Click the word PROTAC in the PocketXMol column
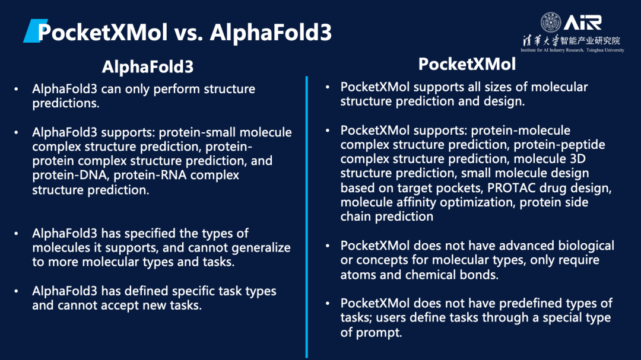(512, 187)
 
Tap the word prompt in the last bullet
(379, 333)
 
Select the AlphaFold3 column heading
(148, 66)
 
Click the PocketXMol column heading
(467, 64)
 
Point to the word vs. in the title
(189, 33)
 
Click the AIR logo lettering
(583, 23)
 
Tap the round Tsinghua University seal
(551, 22)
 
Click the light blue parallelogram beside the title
(35, 31)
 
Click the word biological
(585, 246)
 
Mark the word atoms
(358, 275)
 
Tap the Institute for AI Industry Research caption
(572, 50)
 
